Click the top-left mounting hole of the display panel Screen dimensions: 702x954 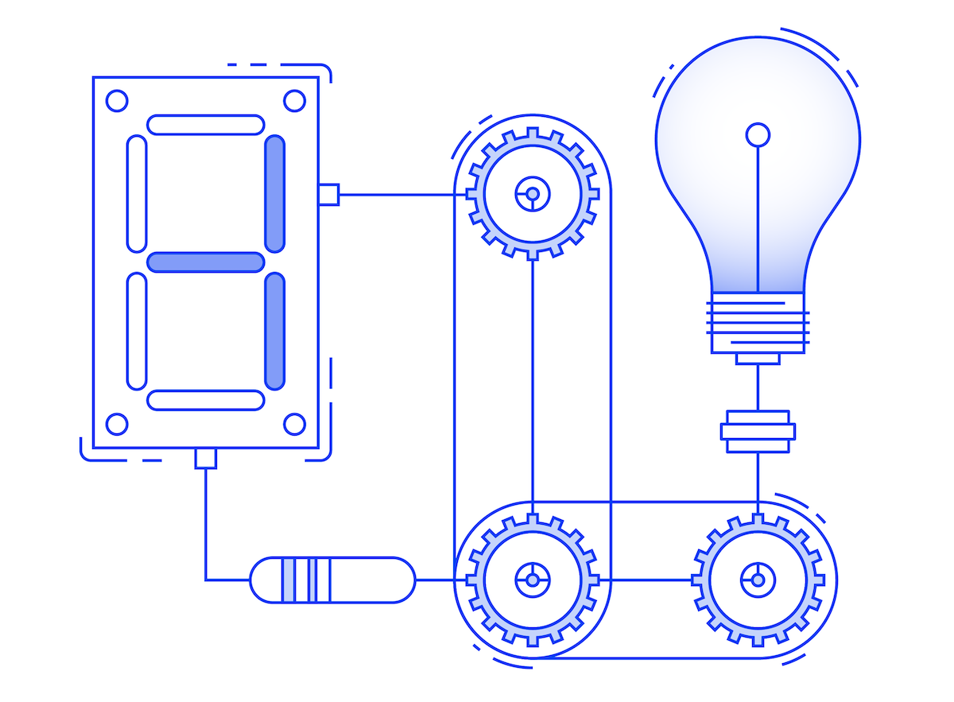click(117, 101)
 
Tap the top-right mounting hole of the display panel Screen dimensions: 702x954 click(294, 101)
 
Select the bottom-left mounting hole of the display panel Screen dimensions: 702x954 click(117, 424)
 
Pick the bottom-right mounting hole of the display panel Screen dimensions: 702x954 click(294, 424)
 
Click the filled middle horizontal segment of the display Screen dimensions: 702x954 click(205, 262)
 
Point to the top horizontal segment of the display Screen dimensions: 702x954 click(205, 125)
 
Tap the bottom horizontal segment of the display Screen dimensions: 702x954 click(205, 400)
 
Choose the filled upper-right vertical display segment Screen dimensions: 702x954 click(274, 193)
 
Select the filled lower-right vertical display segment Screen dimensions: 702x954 click(274, 331)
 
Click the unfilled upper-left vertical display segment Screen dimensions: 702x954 click(137, 193)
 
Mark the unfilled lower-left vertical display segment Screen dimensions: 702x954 click(137, 331)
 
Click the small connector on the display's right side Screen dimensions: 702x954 click(328, 194)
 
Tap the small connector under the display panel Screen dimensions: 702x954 click(206, 458)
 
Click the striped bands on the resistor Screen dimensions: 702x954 click(307, 580)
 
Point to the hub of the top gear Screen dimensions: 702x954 click(532, 194)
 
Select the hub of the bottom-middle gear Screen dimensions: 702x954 click(532, 580)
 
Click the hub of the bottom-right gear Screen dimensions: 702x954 click(758, 580)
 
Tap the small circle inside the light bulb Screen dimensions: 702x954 click(758, 134)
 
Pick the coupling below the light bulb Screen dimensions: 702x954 click(758, 432)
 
